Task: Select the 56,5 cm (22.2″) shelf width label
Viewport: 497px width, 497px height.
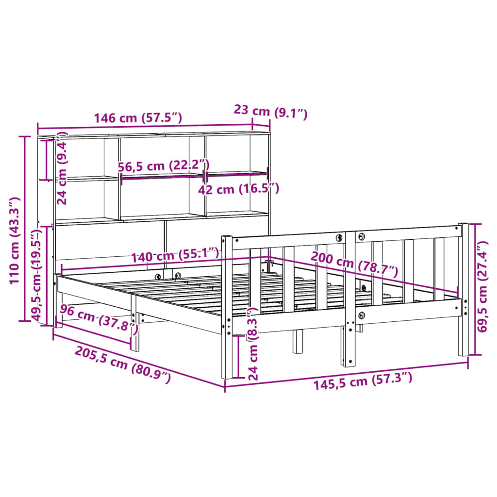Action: tap(164, 166)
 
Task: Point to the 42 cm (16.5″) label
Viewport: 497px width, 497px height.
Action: tap(238, 189)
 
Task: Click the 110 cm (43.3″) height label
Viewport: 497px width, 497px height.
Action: tap(15, 240)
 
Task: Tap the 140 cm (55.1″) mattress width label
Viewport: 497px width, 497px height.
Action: tap(175, 254)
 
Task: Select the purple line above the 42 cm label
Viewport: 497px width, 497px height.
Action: tap(237, 173)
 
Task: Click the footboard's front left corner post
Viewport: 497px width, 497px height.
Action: tap(227, 311)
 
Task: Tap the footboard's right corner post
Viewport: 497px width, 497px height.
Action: tap(464, 291)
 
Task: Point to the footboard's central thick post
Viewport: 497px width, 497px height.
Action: tap(350, 301)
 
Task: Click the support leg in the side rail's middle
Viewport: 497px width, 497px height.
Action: tap(135, 330)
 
